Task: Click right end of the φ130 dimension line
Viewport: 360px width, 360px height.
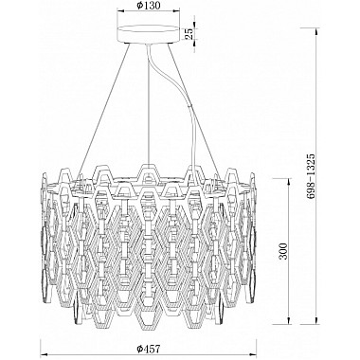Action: coord(187,16)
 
